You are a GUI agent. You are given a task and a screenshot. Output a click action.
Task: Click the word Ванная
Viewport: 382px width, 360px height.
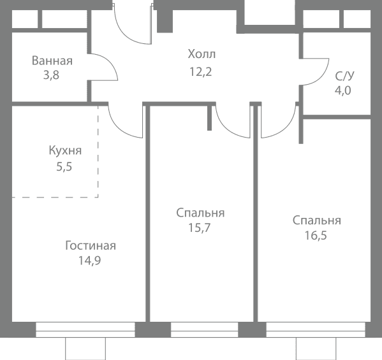pos(52,61)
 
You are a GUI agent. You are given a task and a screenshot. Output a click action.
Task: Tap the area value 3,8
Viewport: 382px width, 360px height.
pos(51,75)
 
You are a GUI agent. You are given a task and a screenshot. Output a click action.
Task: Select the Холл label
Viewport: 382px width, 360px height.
pos(202,54)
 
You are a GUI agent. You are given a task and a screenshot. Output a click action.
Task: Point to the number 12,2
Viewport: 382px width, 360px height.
pos(201,72)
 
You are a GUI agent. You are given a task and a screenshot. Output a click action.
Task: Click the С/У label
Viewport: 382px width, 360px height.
pos(345,76)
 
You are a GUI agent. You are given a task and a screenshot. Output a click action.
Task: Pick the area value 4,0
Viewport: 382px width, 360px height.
pos(342,90)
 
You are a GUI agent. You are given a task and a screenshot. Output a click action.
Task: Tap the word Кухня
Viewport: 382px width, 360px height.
pos(65,150)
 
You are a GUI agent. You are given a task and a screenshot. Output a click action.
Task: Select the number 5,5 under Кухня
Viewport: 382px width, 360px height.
pos(64,167)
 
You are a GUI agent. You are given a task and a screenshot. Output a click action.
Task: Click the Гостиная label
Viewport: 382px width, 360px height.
pos(91,245)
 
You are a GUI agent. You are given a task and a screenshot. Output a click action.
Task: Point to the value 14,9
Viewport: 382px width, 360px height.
pos(89,261)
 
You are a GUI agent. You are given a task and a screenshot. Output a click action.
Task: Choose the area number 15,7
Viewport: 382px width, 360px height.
pos(199,228)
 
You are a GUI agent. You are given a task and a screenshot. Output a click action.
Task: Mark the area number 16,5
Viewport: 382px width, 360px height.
pos(316,236)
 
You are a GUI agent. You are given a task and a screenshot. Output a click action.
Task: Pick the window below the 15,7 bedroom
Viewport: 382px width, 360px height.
pos(204,329)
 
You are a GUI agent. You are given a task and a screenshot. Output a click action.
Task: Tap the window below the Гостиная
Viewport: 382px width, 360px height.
pos(85,329)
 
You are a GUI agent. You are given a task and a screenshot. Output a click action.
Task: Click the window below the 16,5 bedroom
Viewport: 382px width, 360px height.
pos(316,329)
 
